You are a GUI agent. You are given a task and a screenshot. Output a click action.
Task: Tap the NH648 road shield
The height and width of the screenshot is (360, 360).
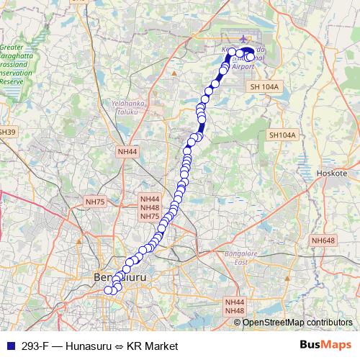coord(323,240)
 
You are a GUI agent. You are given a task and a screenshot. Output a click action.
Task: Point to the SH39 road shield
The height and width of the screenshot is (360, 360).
coord(6,132)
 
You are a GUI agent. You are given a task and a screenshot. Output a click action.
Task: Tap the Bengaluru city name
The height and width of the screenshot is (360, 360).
coord(120,276)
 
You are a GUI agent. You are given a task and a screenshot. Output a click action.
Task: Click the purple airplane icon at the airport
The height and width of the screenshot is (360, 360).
coord(244,39)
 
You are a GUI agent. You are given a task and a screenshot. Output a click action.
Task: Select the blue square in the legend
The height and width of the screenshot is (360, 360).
coord(9,346)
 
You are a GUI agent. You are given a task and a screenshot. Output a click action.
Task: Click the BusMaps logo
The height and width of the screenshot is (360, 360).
coord(326,345)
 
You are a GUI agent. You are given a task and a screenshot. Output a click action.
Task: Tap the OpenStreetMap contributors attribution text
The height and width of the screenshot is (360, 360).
coord(298,322)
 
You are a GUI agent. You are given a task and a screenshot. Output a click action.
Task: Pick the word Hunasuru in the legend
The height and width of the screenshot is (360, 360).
coord(84,346)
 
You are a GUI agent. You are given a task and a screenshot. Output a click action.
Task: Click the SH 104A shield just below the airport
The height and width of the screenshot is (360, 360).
coord(264,86)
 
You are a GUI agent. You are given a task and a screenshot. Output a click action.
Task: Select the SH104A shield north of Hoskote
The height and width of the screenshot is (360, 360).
coord(282,135)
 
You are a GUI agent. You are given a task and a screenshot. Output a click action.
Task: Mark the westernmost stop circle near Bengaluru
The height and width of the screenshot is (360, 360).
coord(109,290)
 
